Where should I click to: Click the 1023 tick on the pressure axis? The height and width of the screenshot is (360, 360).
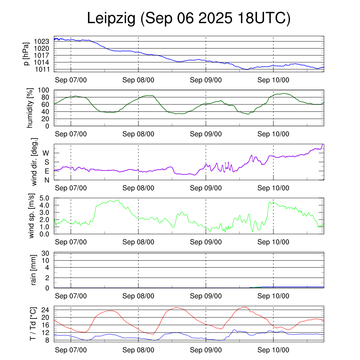pyautogui.click(x=41, y=41)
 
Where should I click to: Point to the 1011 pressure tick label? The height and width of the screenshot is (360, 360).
pyautogui.click(x=41, y=69)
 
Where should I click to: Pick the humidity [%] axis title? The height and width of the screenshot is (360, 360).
pyautogui.click(x=31, y=108)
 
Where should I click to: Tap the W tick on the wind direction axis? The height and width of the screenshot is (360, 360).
pyautogui.click(x=46, y=153)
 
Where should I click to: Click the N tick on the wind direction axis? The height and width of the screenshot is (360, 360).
pyautogui.click(x=46, y=180)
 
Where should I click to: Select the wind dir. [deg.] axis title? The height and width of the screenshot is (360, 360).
pyautogui.click(x=34, y=162)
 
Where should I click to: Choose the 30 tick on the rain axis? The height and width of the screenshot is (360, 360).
pyautogui.click(x=46, y=253)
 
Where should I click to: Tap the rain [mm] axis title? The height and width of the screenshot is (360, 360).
pyautogui.click(x=34, y=270)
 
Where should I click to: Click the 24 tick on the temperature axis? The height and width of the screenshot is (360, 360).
pyautogui.click(x=46, y=310)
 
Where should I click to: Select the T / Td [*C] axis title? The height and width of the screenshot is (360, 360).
pyautogui.click(x=33, y=324)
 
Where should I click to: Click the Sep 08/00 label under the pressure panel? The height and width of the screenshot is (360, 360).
pyautogui.click(x=138, y=80)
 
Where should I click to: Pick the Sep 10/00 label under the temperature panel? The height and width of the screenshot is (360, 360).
pyautogui.click(x=273, y=350)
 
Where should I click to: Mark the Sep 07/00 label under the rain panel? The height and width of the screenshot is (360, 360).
pyautogui.click(x=71, y=296)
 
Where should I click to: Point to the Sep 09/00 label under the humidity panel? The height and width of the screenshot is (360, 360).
pyautogui.click(x=206, y=134)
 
